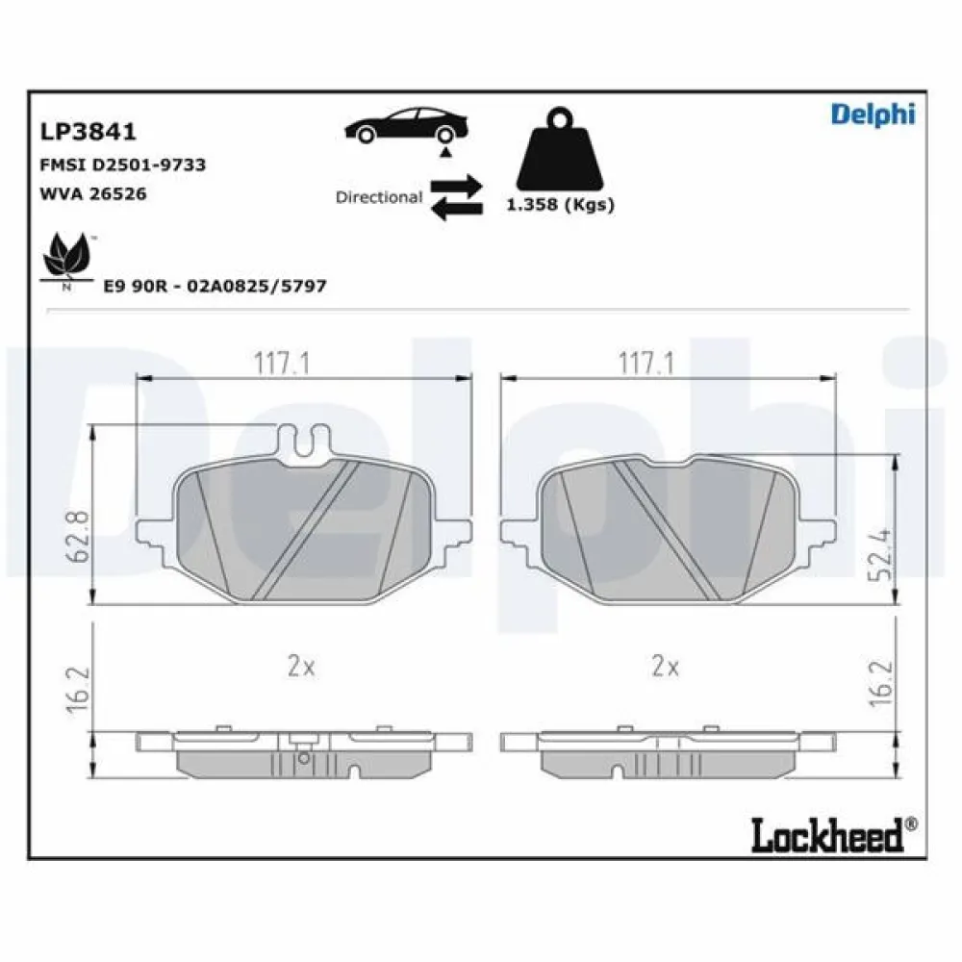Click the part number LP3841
pyautogui.click(x=87, y=131)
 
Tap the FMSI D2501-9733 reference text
pyautogui.click(x=122, y=165)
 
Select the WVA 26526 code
pyautogui.click(x=92, y=193)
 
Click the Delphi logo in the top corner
pyautogui.click(x=873, y=114)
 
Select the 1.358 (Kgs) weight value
pyautogui.click(x=560, y=205)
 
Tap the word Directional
pyautogui.click(x=378, y=197)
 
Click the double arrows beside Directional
pyautogui.click(x=456, y=197)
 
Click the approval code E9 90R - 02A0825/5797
pyautogui.click(x=215, y=287)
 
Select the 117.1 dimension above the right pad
pyautogui.click(x=646, y=363)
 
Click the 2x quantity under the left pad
pyautogui.click(x=301, y=667)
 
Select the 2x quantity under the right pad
pyautogui.click(x=664, y=667)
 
